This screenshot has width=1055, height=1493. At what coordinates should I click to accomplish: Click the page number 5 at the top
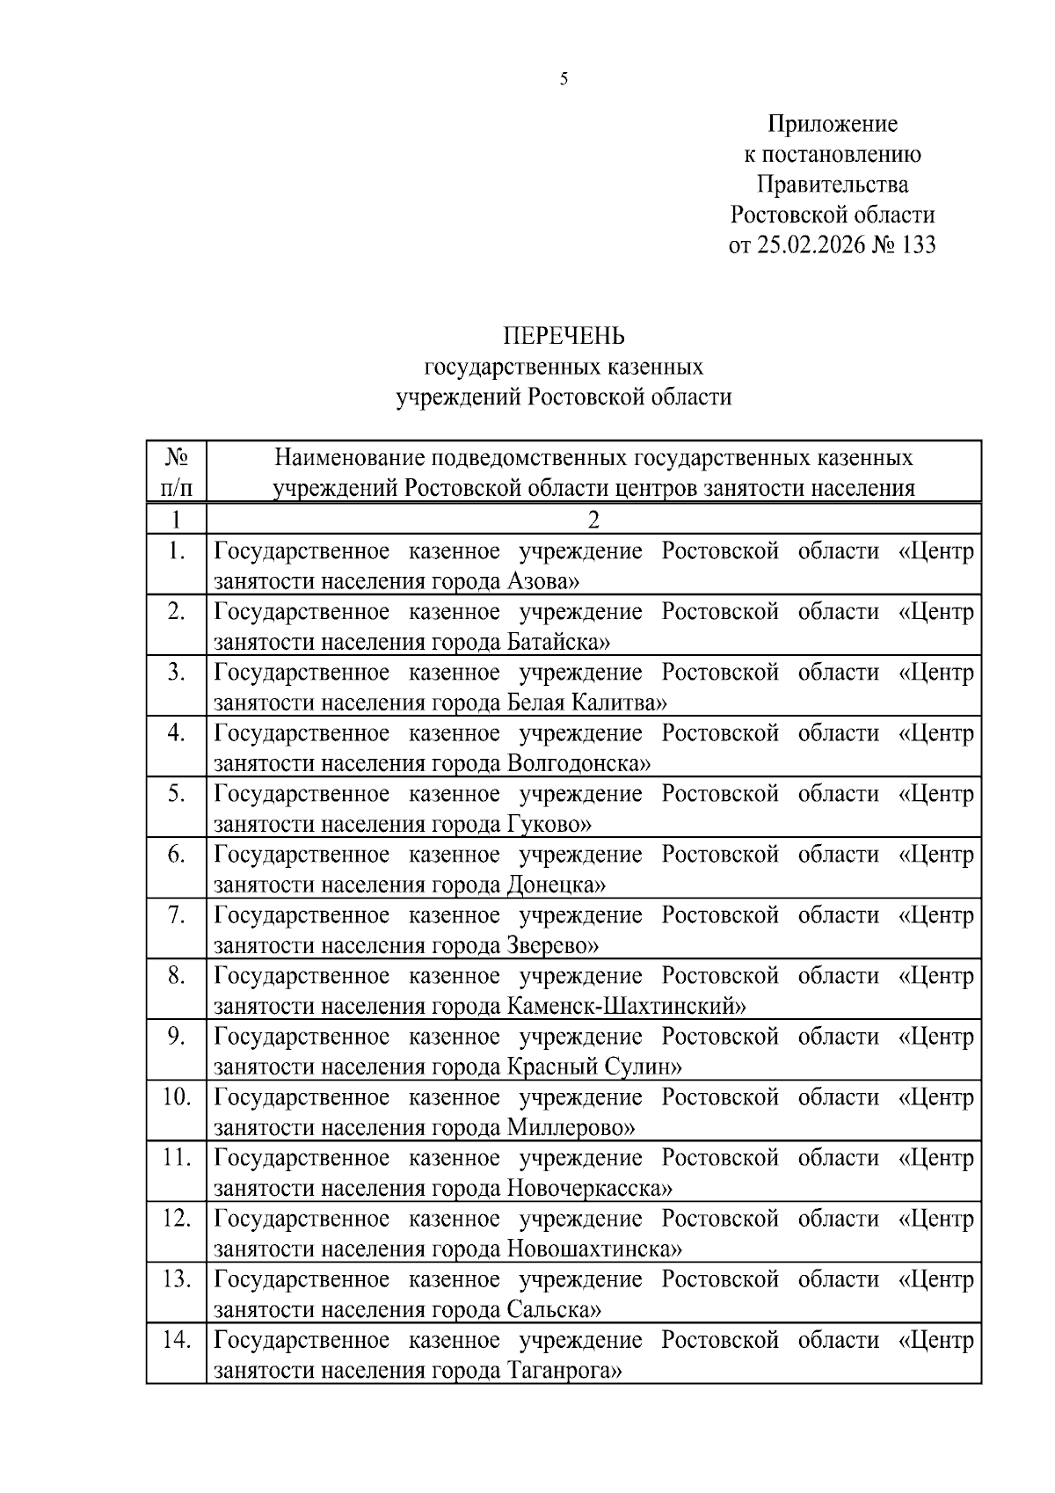564,80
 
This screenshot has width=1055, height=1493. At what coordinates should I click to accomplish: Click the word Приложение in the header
832,124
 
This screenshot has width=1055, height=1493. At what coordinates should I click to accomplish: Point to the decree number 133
918,244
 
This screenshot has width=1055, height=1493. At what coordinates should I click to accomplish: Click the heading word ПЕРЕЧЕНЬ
564,337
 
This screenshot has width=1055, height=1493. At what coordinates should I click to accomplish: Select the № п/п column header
177,472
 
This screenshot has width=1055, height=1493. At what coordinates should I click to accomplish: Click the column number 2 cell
593,520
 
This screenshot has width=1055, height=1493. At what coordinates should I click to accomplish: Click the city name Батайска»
558,642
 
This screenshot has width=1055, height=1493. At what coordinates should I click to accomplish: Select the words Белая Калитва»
586,703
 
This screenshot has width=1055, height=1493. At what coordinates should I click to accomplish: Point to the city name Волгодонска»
578,763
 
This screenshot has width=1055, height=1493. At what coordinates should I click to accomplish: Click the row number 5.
177,794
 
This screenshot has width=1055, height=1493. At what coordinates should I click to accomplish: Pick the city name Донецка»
557,885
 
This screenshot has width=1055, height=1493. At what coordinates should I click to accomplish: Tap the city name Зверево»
553,945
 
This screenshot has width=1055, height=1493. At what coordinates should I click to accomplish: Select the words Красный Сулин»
594,1067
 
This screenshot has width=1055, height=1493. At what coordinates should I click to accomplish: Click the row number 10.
177,1097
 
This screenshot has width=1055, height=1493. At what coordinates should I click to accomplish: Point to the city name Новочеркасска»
589,1189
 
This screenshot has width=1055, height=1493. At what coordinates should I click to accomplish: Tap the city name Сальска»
554,1310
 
